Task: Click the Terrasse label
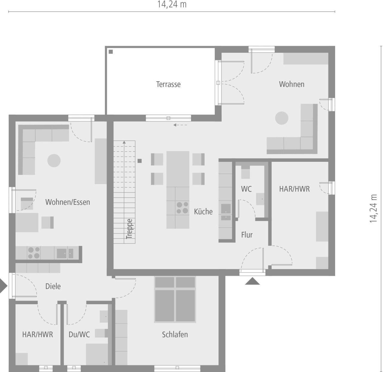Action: [x=168, y=84]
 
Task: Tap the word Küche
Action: [x=203, y=212]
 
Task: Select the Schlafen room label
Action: [x=175, y=334]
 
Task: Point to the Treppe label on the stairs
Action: [x=129, y=229]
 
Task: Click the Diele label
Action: [x=53, y=286]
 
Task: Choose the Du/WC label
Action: [x=79, y=334]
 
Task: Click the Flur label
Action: [x=247, y=235]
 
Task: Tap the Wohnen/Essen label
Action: [x=68, y=202]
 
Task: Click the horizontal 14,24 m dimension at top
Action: [x=172, y=4]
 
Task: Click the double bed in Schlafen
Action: [x=175, y=299]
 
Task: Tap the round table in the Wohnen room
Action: [x=282, y=118]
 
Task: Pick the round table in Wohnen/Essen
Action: [x=54, y=161]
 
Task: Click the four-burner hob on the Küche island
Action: [x=182, y=207]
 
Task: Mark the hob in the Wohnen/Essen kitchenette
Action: [x=34, y=253]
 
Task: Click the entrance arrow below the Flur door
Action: [x=252, y=281]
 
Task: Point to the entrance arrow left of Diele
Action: [x=3, y=286]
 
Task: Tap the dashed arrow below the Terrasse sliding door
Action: [x=180, y=125]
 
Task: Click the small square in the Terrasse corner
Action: [x=111, y=52]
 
